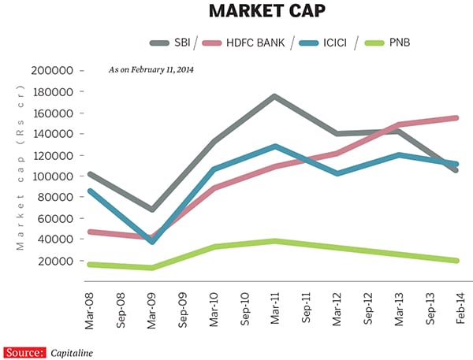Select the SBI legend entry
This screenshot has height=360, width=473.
point(180,42)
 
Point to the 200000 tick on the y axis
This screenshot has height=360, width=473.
point(53,70)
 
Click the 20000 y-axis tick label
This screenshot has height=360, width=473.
point(56,261)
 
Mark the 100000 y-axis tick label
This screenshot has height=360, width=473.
point(53,176)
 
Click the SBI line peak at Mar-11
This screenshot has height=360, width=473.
point(273,96)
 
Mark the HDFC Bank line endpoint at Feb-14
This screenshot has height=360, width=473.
point(456,117)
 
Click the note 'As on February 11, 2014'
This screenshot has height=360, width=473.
point(151,70)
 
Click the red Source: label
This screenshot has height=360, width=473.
point(24,352)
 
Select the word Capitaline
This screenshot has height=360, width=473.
point(72,352)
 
